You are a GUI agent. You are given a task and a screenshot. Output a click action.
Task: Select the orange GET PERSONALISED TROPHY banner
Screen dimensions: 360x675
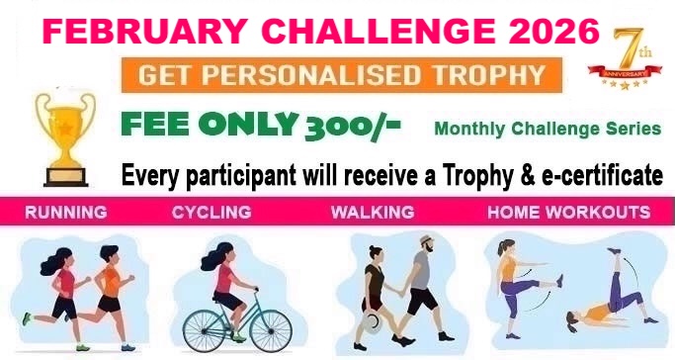343,74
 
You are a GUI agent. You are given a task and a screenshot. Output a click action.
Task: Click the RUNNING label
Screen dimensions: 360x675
66,213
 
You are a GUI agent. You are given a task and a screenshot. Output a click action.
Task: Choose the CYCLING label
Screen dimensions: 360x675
211,213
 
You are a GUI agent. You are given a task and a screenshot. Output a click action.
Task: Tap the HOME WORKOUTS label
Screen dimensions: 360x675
568,213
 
